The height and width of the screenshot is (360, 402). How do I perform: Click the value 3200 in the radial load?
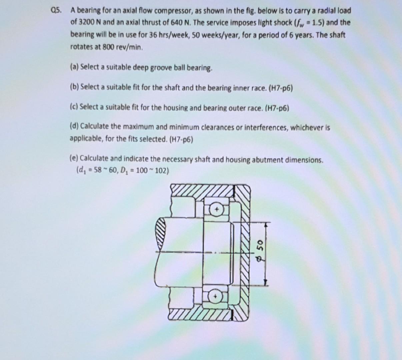pos(85,23)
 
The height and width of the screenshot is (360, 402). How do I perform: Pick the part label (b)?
pos(74,87)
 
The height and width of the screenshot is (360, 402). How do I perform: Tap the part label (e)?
pos(74,158)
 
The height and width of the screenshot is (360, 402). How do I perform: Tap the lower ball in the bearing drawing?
pos(216,296)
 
